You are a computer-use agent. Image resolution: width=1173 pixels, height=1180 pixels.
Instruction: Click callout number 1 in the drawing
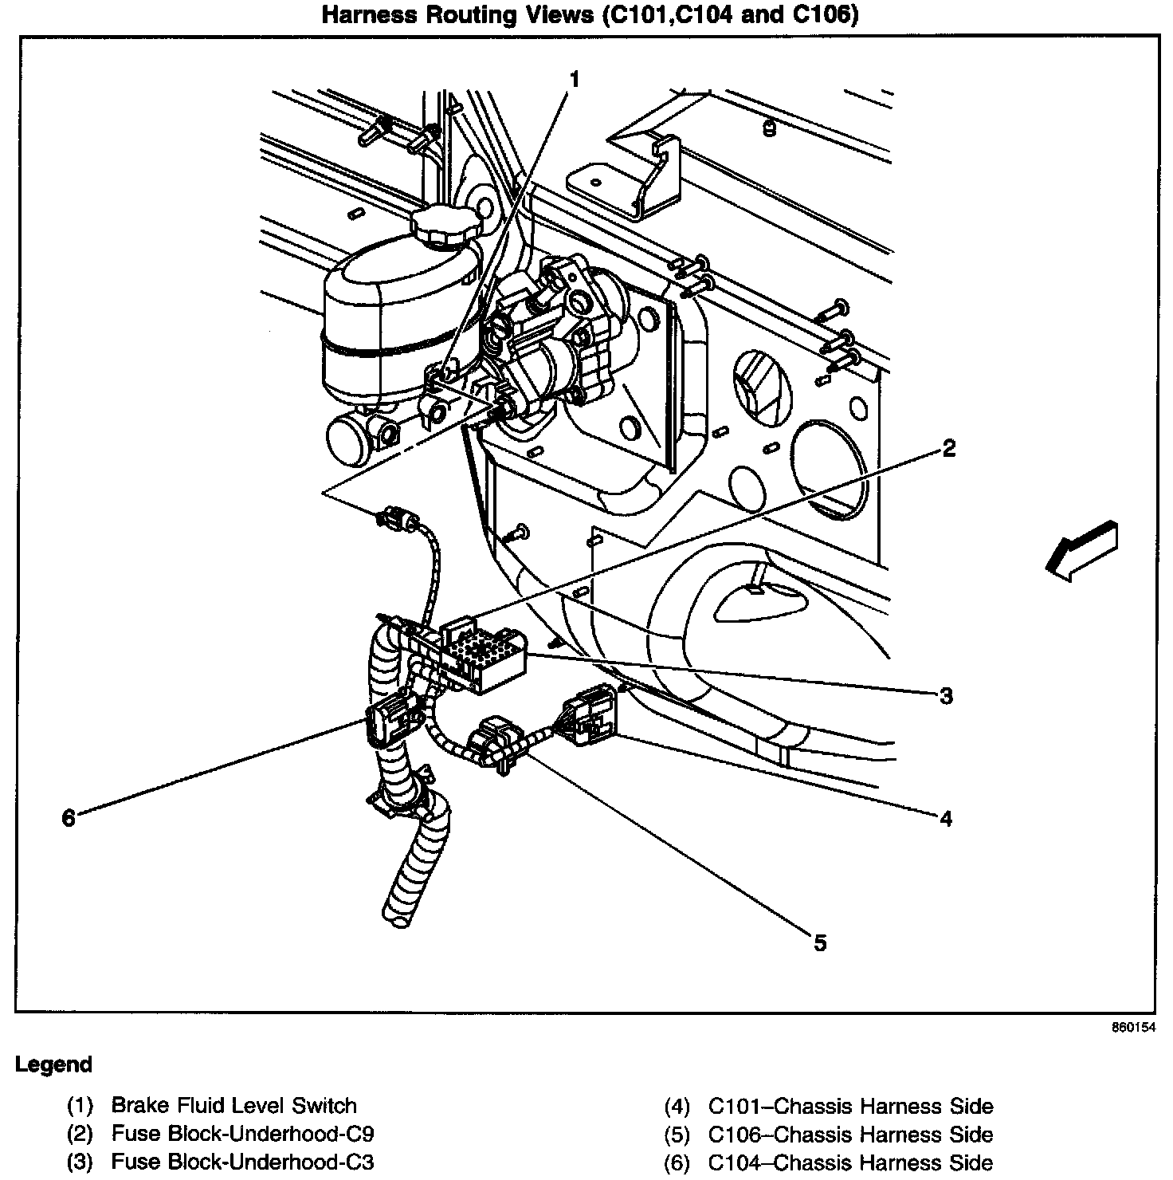[x=574, y=79]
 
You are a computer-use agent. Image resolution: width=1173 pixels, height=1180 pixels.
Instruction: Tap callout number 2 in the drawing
[x=947, y=449]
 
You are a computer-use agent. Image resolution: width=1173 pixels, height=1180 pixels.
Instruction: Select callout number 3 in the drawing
[x=946, y=696]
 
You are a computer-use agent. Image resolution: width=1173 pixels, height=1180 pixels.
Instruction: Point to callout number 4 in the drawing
[x=946, y=818]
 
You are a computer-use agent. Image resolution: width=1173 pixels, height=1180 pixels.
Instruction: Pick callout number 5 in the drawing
[x=820, y=943]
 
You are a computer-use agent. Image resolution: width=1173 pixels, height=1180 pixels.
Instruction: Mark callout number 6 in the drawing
[x=69, y=818]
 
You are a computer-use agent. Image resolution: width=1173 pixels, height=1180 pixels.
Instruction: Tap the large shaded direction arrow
[x=1081, y=549]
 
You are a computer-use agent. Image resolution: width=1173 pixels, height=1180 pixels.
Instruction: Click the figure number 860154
[x=1133, y=1028]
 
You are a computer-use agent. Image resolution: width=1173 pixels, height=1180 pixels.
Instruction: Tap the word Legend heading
[x=54, y=1064]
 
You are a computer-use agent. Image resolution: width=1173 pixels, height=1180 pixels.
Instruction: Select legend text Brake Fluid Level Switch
[x=233, y=1106]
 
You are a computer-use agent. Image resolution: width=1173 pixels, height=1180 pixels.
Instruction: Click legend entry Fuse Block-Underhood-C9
[x=242, y=1134]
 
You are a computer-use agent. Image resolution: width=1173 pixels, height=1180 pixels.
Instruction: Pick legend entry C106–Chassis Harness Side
[x=850, y=1135]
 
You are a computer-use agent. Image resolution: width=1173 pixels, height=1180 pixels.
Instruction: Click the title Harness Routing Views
[x=589, y=15]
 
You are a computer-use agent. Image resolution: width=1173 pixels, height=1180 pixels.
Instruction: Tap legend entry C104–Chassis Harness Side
[x=850, y=1162]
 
